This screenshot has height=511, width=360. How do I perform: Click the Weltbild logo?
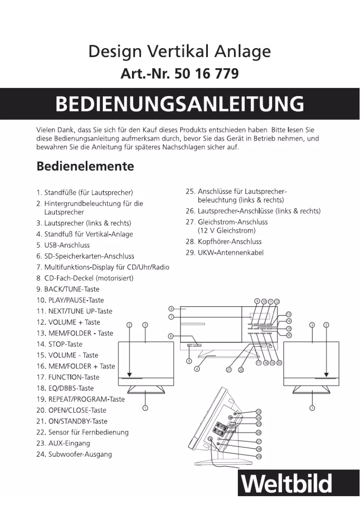point(287,484)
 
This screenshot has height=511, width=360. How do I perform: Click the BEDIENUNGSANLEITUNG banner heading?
point(180,104)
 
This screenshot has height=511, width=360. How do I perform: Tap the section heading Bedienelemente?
point(85,166)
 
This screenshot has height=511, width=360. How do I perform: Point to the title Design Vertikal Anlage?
point(179,52)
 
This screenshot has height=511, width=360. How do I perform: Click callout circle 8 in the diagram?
point(171,308)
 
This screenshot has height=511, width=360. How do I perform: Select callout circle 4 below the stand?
point(197,369)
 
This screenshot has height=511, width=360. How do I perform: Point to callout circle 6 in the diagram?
point(171,335)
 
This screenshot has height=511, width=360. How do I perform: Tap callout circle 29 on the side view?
point(259,456)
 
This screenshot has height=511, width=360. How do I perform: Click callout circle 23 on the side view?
point(259,411)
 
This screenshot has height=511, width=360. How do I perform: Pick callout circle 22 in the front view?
point(241,370)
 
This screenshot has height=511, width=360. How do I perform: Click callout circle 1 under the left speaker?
point(145,408)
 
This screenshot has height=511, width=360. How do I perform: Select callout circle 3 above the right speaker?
point(312,325)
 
